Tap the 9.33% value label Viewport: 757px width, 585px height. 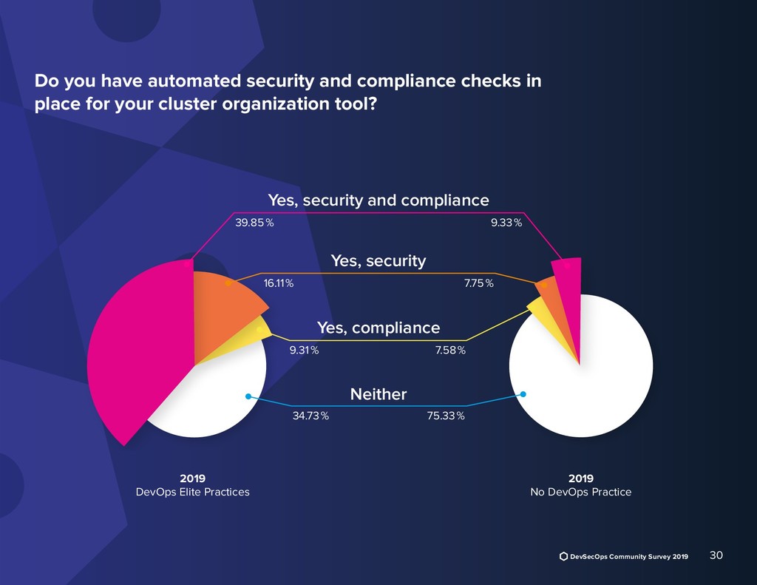506,223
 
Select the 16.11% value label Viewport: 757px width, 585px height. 278,283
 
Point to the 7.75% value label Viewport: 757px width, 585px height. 480,283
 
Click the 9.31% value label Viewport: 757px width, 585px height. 304,351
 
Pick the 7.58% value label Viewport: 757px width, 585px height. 450,351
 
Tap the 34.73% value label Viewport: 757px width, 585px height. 310,416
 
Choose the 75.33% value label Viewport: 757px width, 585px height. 446,416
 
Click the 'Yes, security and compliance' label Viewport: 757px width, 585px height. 378,200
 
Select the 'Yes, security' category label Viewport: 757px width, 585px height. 378,260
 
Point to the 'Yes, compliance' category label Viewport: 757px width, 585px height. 378,327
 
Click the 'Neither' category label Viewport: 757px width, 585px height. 378,394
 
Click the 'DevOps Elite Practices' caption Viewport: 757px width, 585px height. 193,492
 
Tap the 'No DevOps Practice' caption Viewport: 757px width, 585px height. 580,492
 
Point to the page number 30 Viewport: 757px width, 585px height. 716,555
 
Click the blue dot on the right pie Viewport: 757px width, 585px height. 523,394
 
